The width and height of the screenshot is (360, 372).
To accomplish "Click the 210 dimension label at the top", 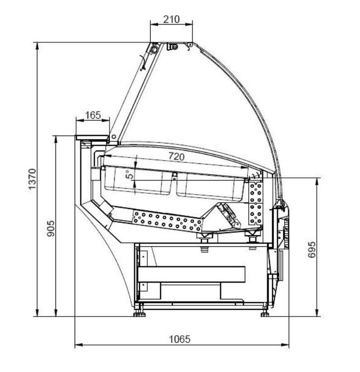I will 172,19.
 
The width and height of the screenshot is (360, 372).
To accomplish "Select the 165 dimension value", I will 93,115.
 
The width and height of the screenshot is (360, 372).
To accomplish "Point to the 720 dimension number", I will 176,157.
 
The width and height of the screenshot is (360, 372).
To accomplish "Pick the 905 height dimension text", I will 51,228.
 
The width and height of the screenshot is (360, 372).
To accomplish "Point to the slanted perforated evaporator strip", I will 167,221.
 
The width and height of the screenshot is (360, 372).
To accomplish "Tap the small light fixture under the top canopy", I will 172,47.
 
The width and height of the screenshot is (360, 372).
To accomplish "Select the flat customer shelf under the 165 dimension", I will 92,138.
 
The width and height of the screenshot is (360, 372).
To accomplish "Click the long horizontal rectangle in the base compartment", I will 191,274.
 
